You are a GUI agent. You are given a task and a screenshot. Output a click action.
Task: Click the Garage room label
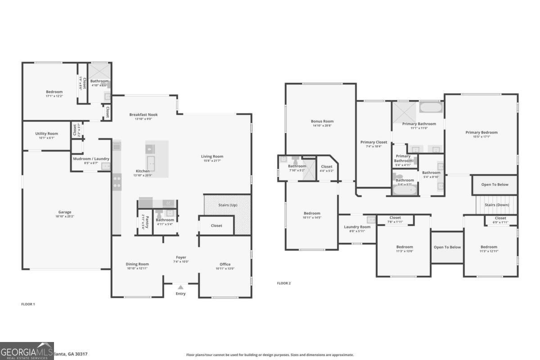[x=65, y=212]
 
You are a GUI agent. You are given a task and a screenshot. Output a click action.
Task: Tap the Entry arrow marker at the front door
[x=180, y=287]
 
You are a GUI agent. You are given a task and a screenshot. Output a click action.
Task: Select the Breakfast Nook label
[x=144, y=114]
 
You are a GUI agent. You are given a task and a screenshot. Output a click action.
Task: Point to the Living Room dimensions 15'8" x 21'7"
[x=212, y=161]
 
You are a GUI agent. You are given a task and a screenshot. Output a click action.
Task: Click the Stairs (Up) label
[x=228, y=205]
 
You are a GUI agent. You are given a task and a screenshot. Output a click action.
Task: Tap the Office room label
[x=225, y=264]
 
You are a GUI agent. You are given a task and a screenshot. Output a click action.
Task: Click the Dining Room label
[x=137, y=264]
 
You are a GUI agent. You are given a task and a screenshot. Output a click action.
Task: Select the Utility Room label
[x=47, y=134]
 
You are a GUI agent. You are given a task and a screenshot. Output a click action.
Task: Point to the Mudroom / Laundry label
[x=91, y=159]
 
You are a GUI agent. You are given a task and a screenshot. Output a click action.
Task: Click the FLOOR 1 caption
[x=28, y=304]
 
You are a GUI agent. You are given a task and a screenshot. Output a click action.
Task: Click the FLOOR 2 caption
[x=283, y=283]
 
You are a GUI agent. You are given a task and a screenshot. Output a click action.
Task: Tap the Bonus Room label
[x=322, y=121]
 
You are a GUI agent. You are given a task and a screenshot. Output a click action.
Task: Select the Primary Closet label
[x=373, y=142]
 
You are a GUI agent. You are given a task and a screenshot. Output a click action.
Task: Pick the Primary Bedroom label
[x=481, y=132]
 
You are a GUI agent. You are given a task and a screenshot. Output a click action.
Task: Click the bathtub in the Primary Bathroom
[x=431, y=108]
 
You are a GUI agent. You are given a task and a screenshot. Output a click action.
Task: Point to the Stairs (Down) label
[x=497, y=205]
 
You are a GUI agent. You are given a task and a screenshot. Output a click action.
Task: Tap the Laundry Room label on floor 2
[x=357, y=227]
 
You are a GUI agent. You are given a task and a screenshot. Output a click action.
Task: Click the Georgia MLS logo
[x=27, y=351]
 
